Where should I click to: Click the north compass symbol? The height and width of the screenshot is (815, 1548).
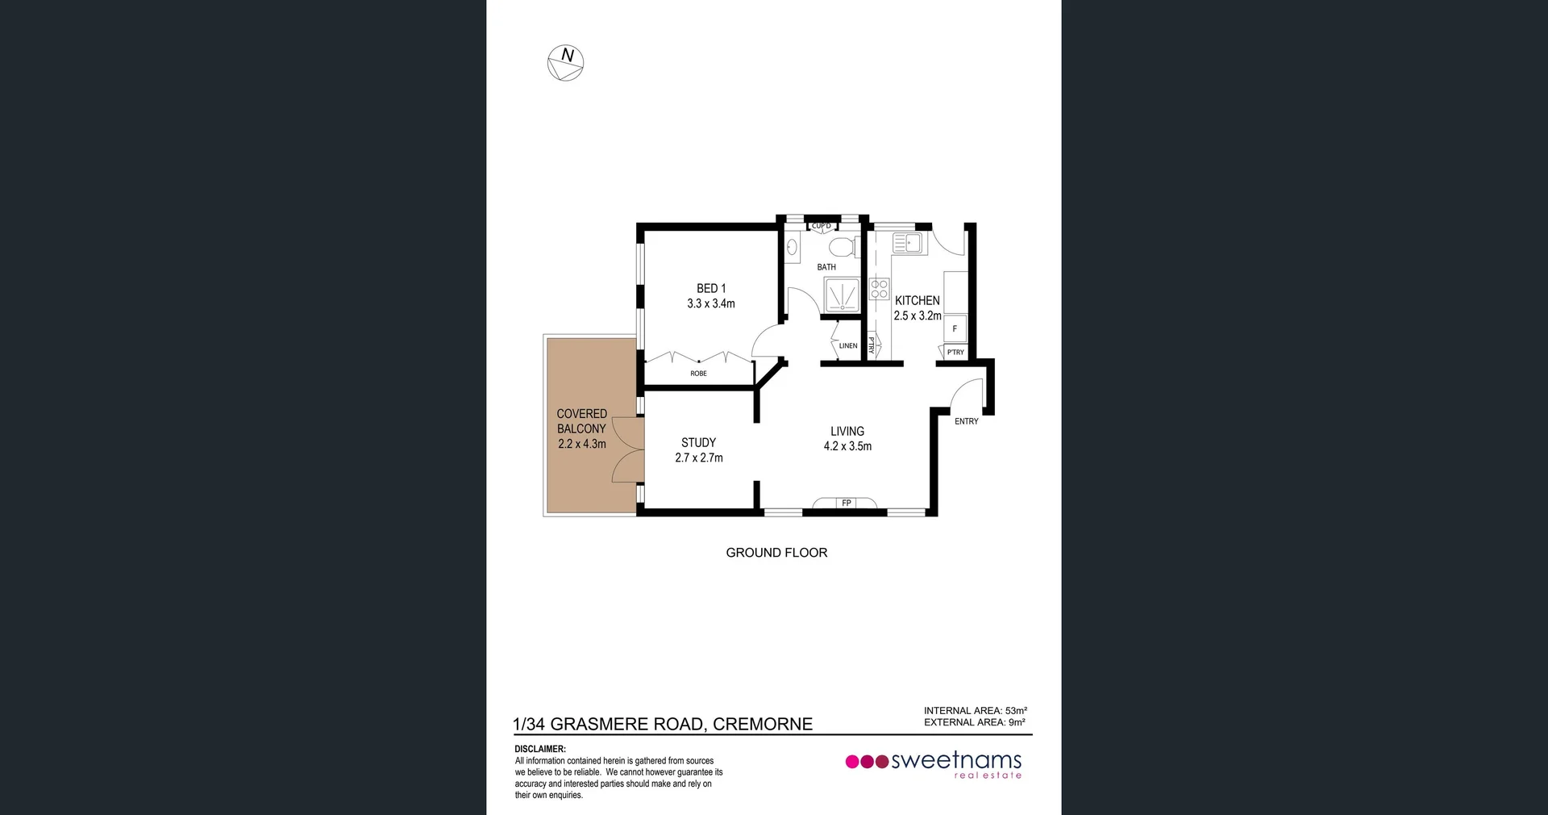coord(565,63)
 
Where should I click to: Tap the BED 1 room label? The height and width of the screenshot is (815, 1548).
coord(711,288)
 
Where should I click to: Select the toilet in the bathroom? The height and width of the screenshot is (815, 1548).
coord(842,245)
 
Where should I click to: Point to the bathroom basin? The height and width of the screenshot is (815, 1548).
coord(792,247)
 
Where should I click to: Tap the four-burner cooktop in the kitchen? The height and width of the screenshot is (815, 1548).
coord(879,288)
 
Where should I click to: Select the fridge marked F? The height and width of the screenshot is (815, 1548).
coord(955,328)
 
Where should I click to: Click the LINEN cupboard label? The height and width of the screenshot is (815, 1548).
coord(848,346)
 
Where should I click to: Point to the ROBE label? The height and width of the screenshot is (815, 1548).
coord(698,374)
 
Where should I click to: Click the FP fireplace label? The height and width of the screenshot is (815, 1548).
coord(846,504)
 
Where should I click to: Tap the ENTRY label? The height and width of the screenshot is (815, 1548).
coord(966,421)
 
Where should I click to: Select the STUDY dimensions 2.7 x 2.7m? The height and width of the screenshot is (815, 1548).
coord(698,458)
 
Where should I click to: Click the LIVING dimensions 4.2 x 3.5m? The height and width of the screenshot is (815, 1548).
coord(847,446)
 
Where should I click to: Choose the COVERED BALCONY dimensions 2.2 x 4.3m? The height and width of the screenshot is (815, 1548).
coord(581,444)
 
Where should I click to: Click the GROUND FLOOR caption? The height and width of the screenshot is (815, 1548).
coord(776,553)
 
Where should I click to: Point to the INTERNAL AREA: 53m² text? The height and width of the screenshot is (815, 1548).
coord(975,711)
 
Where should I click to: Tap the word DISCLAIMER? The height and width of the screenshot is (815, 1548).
coord(540,749)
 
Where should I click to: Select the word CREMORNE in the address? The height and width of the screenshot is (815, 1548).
coord(762,724)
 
